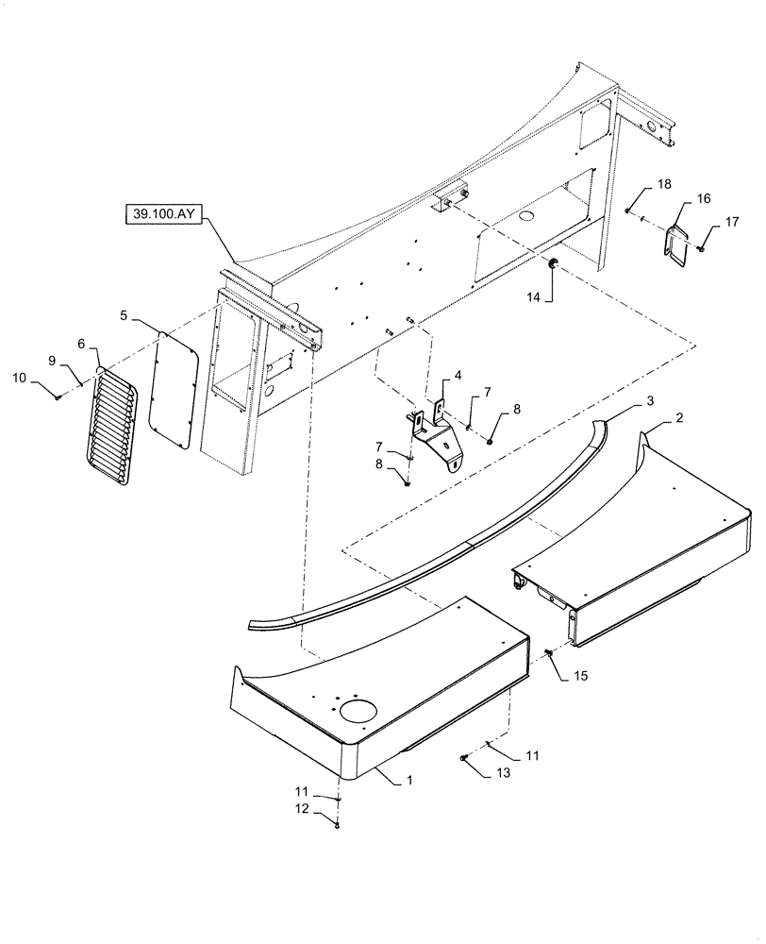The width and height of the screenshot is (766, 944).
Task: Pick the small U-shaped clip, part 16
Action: point(676,240)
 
